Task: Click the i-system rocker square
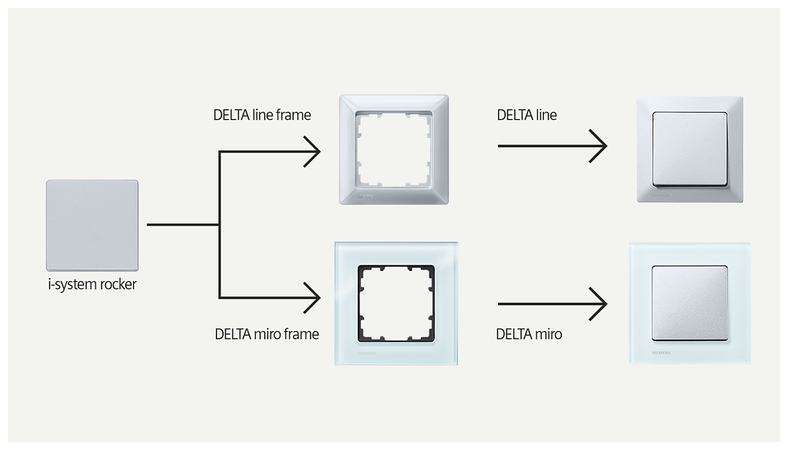pyautogui.click(x=92, y=225)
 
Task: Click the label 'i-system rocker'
pyautogui.click(x=92, y=285)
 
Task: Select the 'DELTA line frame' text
pyautogui.click(x=262, y=115)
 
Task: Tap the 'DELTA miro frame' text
pyautogui.click(x=266, y=334)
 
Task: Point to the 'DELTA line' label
pyautogui.click(x=526, y=115)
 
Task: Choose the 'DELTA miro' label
pyautogui.click(x=529, y=334)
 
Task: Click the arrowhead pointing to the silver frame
pyautogui.click(x=312, y=151)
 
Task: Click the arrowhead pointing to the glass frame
pyautogui.click(x=312, y=298)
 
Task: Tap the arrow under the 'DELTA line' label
pyautogui.click(x=552, y=146)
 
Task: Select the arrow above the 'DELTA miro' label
pyautogui.click(x=552, y=303)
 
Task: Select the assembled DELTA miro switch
pyautogui.click(x=689, y=303)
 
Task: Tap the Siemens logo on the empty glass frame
pyautogui.click(x=368, y=355)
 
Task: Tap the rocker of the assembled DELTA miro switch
pyautogui.click(x=689, y=303)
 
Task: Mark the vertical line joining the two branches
pyautogui.click(x=219, y=225)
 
